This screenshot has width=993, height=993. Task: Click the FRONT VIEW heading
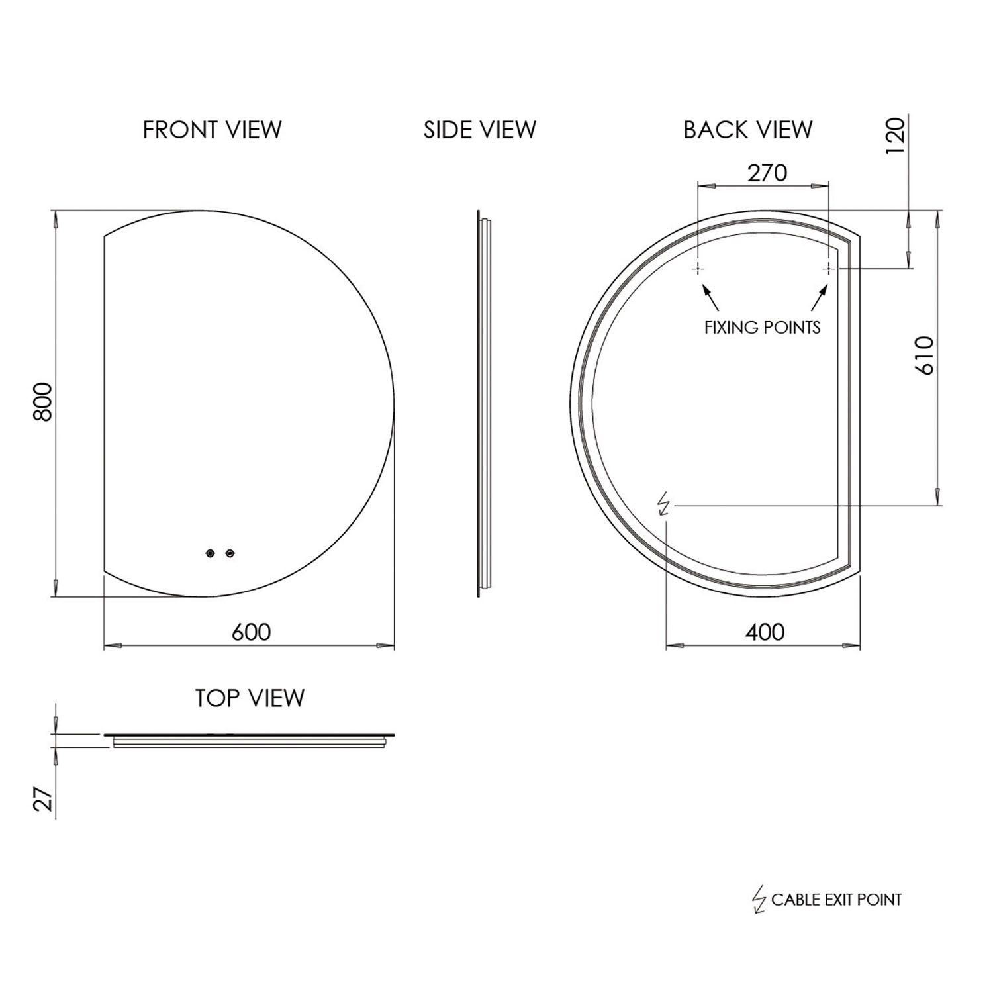click(212, 130)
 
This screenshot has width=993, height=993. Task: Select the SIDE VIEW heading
click(479, 130)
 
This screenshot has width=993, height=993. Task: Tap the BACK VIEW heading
click(747, 130)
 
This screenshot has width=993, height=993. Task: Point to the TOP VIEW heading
click(250, 698)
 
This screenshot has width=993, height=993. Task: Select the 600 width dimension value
click(251, 632)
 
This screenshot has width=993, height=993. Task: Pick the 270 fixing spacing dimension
click(767, 173)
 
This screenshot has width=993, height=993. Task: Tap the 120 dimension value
click(894, 136)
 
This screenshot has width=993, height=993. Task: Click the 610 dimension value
click(924, 355)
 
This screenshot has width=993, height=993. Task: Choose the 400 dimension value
click(765, 632)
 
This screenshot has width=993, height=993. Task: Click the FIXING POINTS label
click(762, 327)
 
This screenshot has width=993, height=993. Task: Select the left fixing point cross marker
click(698, 268)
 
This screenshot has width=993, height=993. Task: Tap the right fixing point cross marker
click(828, 268)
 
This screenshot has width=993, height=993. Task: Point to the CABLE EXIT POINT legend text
click(836, 900)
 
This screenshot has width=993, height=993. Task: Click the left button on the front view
click(211, 553)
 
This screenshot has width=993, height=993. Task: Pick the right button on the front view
click(230, 553)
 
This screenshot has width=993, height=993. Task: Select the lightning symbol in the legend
click(759, 899)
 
